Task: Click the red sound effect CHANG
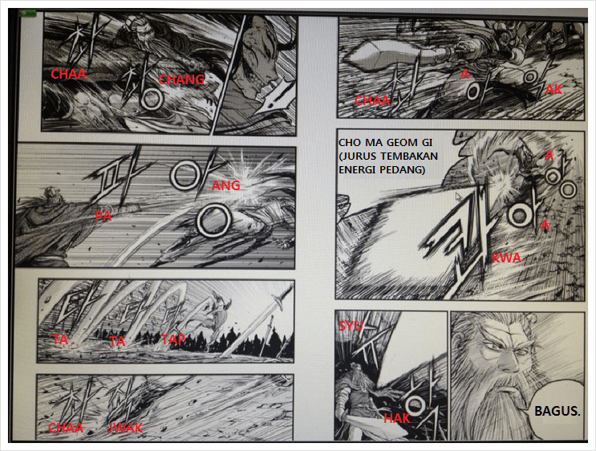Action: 181,79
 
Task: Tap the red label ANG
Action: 227,185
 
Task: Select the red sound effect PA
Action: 103,216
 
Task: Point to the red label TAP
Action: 174,340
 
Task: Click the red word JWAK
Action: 125,429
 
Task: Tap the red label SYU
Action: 351,324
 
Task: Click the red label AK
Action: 553,90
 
